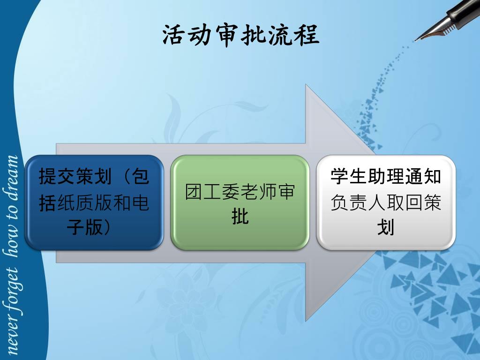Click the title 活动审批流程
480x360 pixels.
241,35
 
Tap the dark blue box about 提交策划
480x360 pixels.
94,202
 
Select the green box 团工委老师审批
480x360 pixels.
240,202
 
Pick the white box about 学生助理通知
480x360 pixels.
386,202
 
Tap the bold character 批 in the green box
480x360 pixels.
240,217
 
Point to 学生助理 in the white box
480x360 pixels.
367,176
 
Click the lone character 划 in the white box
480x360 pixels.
385,227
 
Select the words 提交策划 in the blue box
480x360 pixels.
75,176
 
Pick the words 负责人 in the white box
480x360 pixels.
358,202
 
